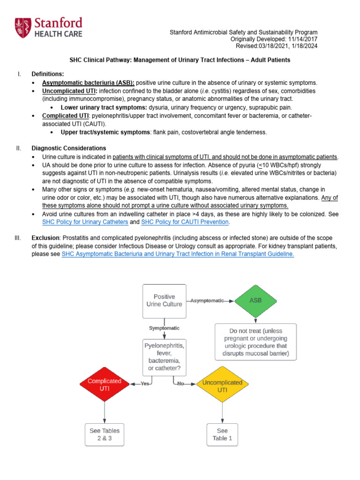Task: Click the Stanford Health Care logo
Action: pos(48,27)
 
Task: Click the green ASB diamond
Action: pos(255,300)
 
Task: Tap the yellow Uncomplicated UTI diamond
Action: pos(222,385)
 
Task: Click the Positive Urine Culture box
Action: pos(164,300)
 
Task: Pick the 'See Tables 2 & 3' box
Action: pos(105,435)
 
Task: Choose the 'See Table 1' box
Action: pos(222,435)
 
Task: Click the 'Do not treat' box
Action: pos(255,341)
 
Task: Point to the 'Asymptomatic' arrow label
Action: pos(207,300)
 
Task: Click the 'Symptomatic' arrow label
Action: pos(164,328)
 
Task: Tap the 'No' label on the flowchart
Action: pos(180,384)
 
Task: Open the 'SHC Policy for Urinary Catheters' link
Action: pos(85,222)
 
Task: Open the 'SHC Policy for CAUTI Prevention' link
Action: pos(185,222)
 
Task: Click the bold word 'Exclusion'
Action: pos(45,238)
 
